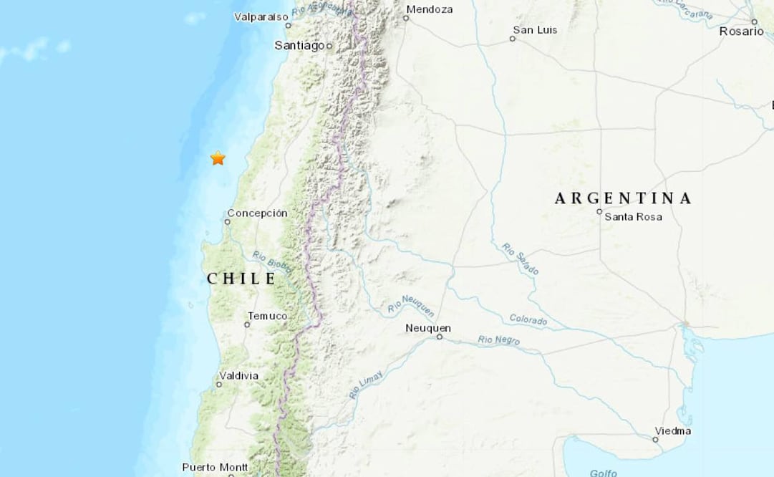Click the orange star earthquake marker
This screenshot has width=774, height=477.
click(x=218, y=158)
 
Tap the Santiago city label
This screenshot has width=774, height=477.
click(x=299, y=45)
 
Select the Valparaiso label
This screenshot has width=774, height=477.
click(x=261, y=16)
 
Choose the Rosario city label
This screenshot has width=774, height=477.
click(x=742, y=32)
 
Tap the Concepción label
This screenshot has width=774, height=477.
click(x=257, y=213)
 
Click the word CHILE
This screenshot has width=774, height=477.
click(x=241, y=279)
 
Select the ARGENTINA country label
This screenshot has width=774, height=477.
click(x=623, y=198)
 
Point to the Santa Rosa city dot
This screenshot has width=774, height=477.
click(x=600, y=211)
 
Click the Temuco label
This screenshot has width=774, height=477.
click(x=267, y=316)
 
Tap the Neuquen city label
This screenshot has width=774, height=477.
click(x=427, y=327)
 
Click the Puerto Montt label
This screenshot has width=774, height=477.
click(x=215, y=467)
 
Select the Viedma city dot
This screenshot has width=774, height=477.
click(x=655, y=440)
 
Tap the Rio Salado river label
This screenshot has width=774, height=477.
click(x=521, y=259)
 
